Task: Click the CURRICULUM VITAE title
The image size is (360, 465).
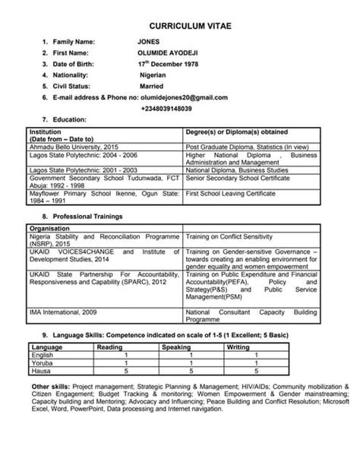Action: click(179, 25)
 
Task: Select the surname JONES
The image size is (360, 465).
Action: click(148, 41)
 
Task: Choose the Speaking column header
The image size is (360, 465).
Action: click(177, 347)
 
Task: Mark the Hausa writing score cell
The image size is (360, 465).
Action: click(257, 371)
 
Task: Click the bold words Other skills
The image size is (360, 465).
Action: click(47, 387)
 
